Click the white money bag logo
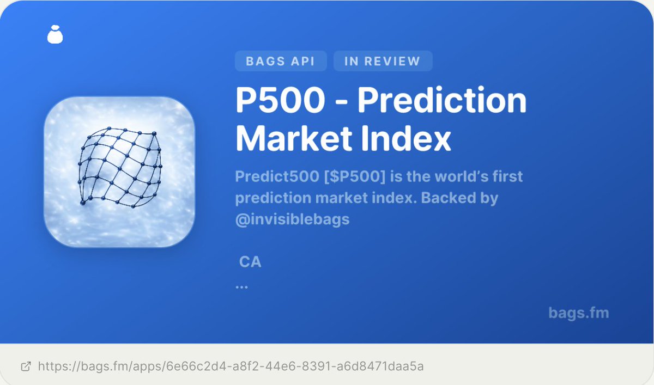[55, 34]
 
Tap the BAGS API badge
[280, 61]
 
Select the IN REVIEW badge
[382, 61]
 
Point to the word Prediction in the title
[442, 101]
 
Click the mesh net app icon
[119, 172]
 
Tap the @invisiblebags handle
[292, 219]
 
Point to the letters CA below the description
[250, 262]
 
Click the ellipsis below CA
[241, 286]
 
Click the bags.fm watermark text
[578, 313]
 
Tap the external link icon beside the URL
[26, 366]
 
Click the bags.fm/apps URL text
[231, 366]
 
